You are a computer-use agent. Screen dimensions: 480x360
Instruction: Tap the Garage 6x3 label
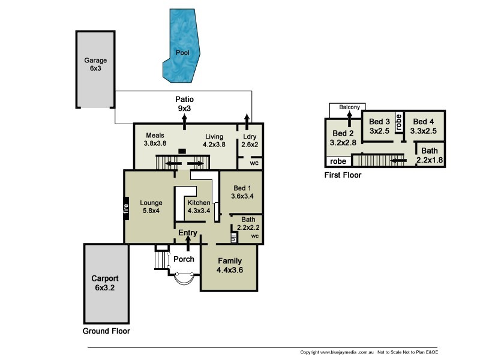[95, 64]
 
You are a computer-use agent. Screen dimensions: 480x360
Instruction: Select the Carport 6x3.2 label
[104, 283]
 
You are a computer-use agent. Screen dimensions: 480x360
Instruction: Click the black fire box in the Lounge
[126, 208]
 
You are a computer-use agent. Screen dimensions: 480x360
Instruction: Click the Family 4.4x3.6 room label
[230, 265]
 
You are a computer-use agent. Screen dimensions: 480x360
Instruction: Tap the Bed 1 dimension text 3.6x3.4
[242, 196]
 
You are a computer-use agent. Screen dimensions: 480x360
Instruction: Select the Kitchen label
[199, 203]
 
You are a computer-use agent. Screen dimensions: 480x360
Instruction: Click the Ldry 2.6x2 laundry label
[250, 140]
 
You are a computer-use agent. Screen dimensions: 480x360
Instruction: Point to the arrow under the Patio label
[184, 122]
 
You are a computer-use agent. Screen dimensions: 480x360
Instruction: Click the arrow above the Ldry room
[247, 122]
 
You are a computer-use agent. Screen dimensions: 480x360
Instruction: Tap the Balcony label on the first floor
[349, 107]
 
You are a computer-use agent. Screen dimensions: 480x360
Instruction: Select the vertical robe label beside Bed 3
[398, 122]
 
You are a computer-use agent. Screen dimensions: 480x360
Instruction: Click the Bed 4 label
[424, 122]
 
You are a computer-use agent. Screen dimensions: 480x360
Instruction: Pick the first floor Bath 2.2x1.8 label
[430, 155]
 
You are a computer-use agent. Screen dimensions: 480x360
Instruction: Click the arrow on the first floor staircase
[398, 160]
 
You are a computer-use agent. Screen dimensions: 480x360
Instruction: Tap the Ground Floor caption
[106, 331]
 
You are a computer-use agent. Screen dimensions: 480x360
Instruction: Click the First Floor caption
[343, 175]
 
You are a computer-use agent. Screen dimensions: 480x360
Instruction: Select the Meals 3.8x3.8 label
[155, 139]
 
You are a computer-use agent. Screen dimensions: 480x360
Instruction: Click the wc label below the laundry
[254, 163]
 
